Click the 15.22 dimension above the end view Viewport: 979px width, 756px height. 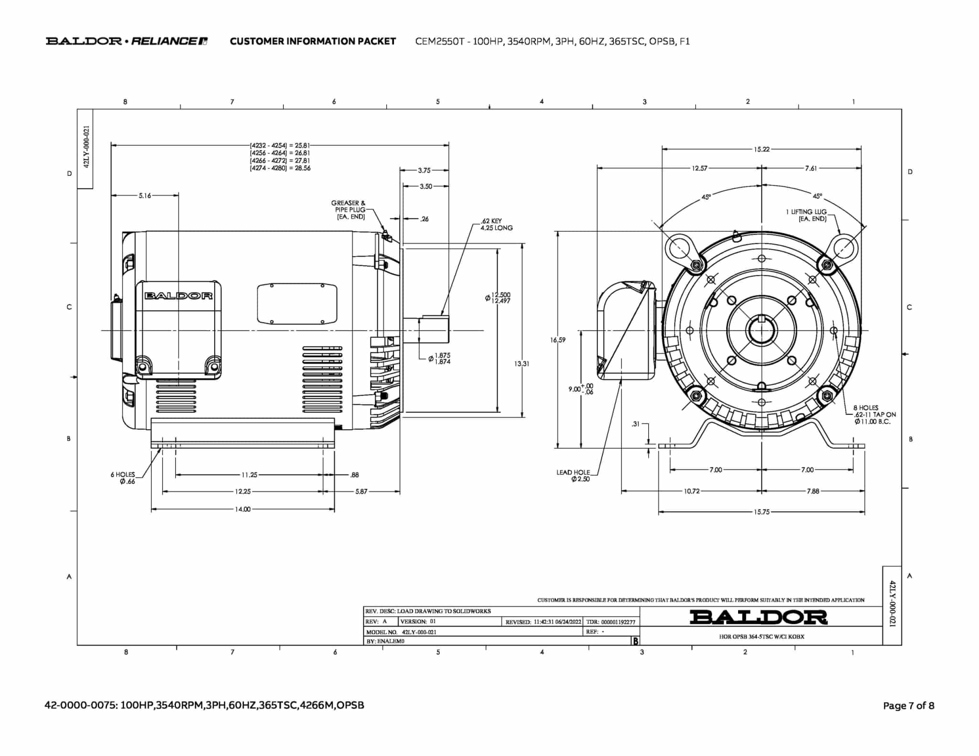[x=762, y=150]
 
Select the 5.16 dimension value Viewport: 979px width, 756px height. [x=145, y=195]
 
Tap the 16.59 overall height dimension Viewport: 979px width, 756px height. [x=557, y=340]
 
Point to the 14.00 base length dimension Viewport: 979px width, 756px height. [x=243, y=509]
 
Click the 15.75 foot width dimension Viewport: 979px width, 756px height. [x=762, y=512]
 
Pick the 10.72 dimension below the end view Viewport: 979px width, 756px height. [x=692, y=491]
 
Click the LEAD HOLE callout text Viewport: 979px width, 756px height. [x=573, y=475]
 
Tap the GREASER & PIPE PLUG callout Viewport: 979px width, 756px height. [x=348, y=210]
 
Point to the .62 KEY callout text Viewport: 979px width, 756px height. [x=496, y=225]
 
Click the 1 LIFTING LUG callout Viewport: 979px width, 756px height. [x=806, y=215]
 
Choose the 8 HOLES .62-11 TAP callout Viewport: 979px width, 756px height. [x=874, y=415]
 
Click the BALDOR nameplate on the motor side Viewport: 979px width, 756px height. [x=178, y=296]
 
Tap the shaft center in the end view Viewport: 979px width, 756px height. [x=762, y=330]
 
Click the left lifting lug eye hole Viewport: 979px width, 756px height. [x=679, y=248]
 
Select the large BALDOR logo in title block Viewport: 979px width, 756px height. [x=759, y=617]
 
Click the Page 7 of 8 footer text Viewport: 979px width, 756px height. [x=908, y=706]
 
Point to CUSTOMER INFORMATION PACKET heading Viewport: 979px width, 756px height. [x=313, y=41]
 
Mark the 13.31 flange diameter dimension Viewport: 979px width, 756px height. [x=522, y=364]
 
